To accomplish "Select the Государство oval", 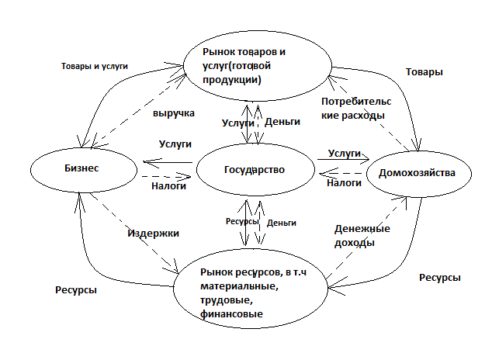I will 254,169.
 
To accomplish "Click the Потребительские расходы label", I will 354,109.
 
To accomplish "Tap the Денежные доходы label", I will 362,236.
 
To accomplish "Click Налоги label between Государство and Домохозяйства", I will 344,183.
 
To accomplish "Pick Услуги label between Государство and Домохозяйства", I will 345,154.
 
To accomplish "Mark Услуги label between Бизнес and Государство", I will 175,144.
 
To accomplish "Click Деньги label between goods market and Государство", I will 282,122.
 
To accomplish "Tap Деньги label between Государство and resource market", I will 281,223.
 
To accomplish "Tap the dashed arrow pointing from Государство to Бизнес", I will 168,177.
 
